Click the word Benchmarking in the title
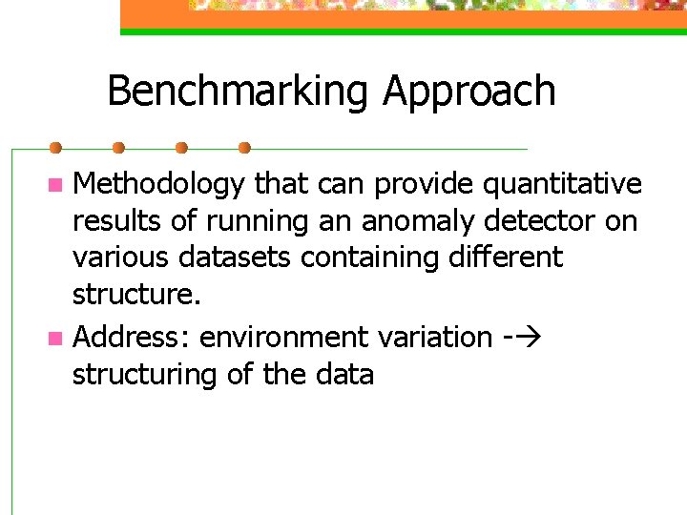[x=239, y=92]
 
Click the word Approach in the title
[x=469, y=92]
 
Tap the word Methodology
[x=158, y=184]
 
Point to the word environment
[x=283, y=337]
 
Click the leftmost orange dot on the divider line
[x=55, y=148]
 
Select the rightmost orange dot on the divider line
[x=244, y=148]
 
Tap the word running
[x=259, y=222]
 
